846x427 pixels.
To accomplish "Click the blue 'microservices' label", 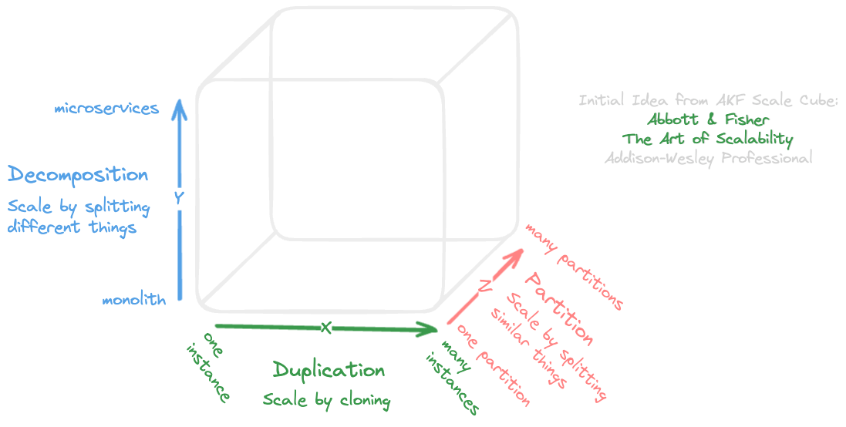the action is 106,109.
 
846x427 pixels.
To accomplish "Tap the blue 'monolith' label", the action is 133,301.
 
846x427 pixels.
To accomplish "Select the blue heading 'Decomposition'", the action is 78,175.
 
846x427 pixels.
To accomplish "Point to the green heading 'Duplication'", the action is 329,371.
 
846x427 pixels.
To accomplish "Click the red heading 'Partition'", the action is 559,308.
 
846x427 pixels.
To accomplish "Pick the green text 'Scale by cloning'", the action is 327,401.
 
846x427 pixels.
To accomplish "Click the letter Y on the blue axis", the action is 178,198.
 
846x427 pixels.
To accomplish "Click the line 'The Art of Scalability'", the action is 708,139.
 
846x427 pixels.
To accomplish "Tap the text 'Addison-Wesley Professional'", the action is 708,158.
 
